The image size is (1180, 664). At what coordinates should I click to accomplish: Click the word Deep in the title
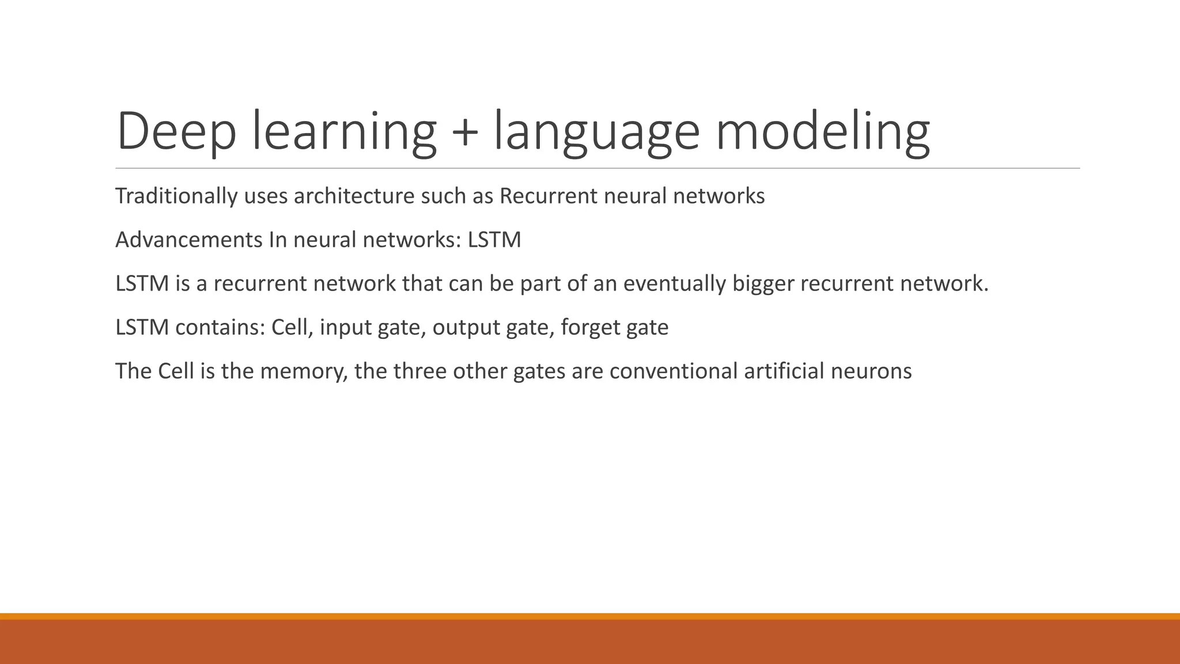pyautogui.click(x=176, y=131)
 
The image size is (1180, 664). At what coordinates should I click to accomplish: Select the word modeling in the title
pyautogui.click(x=822, y=133)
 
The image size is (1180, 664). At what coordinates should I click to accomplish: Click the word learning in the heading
pyautogui.click(x=344, y=133)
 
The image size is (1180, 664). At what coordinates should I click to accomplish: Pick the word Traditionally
pyautogui.click(x=176, y=197)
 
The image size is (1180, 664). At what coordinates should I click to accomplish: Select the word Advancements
pyautogui.click(x=189, y=240)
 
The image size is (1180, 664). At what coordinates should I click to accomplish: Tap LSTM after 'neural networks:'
pyautogui.click(x=494, y=240)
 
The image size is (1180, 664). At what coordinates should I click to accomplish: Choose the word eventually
pyautogui.click(x=674, y=284)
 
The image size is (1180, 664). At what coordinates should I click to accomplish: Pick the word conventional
pyautogui.click(x=673, y=371)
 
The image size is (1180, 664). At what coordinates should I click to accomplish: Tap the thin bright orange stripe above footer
pyautogui.click(x=590, y=616)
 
